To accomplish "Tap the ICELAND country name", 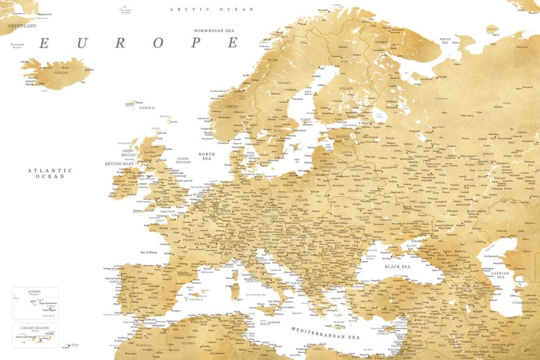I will coord(61,72).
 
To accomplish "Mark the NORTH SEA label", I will coord(206,157).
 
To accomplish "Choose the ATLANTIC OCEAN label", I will coord(50,173).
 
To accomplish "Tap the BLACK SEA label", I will coord(397,267).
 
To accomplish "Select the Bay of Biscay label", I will coord(151,252).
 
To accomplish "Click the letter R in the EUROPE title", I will coord(120,43).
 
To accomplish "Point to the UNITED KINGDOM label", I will coord(184,160).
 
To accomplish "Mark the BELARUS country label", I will coord(354,191).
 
